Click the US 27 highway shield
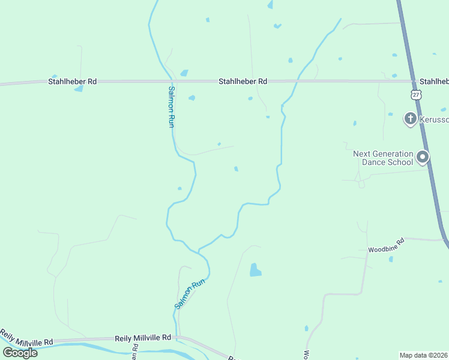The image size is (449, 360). coord(416,95)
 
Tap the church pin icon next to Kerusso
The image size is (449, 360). coord(410,118)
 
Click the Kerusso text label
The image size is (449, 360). coord(433,119)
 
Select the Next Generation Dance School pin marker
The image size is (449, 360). coord(423,157)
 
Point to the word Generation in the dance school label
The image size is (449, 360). coord(392,154)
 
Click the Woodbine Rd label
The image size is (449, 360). coord(386,248)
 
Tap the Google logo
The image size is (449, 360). coord(20,352)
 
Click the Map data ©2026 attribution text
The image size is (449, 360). coord(423,355)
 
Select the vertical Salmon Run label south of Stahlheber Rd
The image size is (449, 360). coord(170,106)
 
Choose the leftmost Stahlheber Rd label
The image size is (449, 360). coord(73,81)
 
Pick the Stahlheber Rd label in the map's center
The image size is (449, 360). coord(243,81)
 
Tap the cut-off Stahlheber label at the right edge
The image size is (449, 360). coord(433,81)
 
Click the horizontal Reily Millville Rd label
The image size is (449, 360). coord(143,338)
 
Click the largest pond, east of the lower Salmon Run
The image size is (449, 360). coord(255,270)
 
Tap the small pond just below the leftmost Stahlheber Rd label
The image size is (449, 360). coord(79,89)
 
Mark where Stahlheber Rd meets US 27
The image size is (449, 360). coord(412,81)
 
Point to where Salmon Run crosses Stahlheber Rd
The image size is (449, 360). coord(171,81)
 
